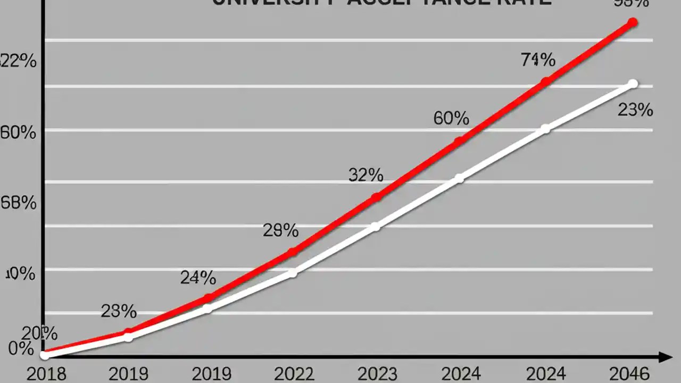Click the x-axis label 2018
pos(46,373)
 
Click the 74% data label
pos(538,60)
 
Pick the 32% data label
pos(366,174)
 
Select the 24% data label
pos(198,277)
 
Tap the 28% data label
pos(280,230)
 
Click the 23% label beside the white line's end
pos(635,110)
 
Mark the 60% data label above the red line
pos(451,118)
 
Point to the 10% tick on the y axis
pos(20,274)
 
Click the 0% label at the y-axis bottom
pos(21,349)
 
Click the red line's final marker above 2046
pos(632,22)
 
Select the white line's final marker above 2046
pos(633,84)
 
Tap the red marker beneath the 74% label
pos(545,82)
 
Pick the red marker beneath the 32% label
pos(376,197)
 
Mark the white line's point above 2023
pos(376,227)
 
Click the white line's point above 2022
pos(292,273)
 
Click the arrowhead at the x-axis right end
pos(665,357)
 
